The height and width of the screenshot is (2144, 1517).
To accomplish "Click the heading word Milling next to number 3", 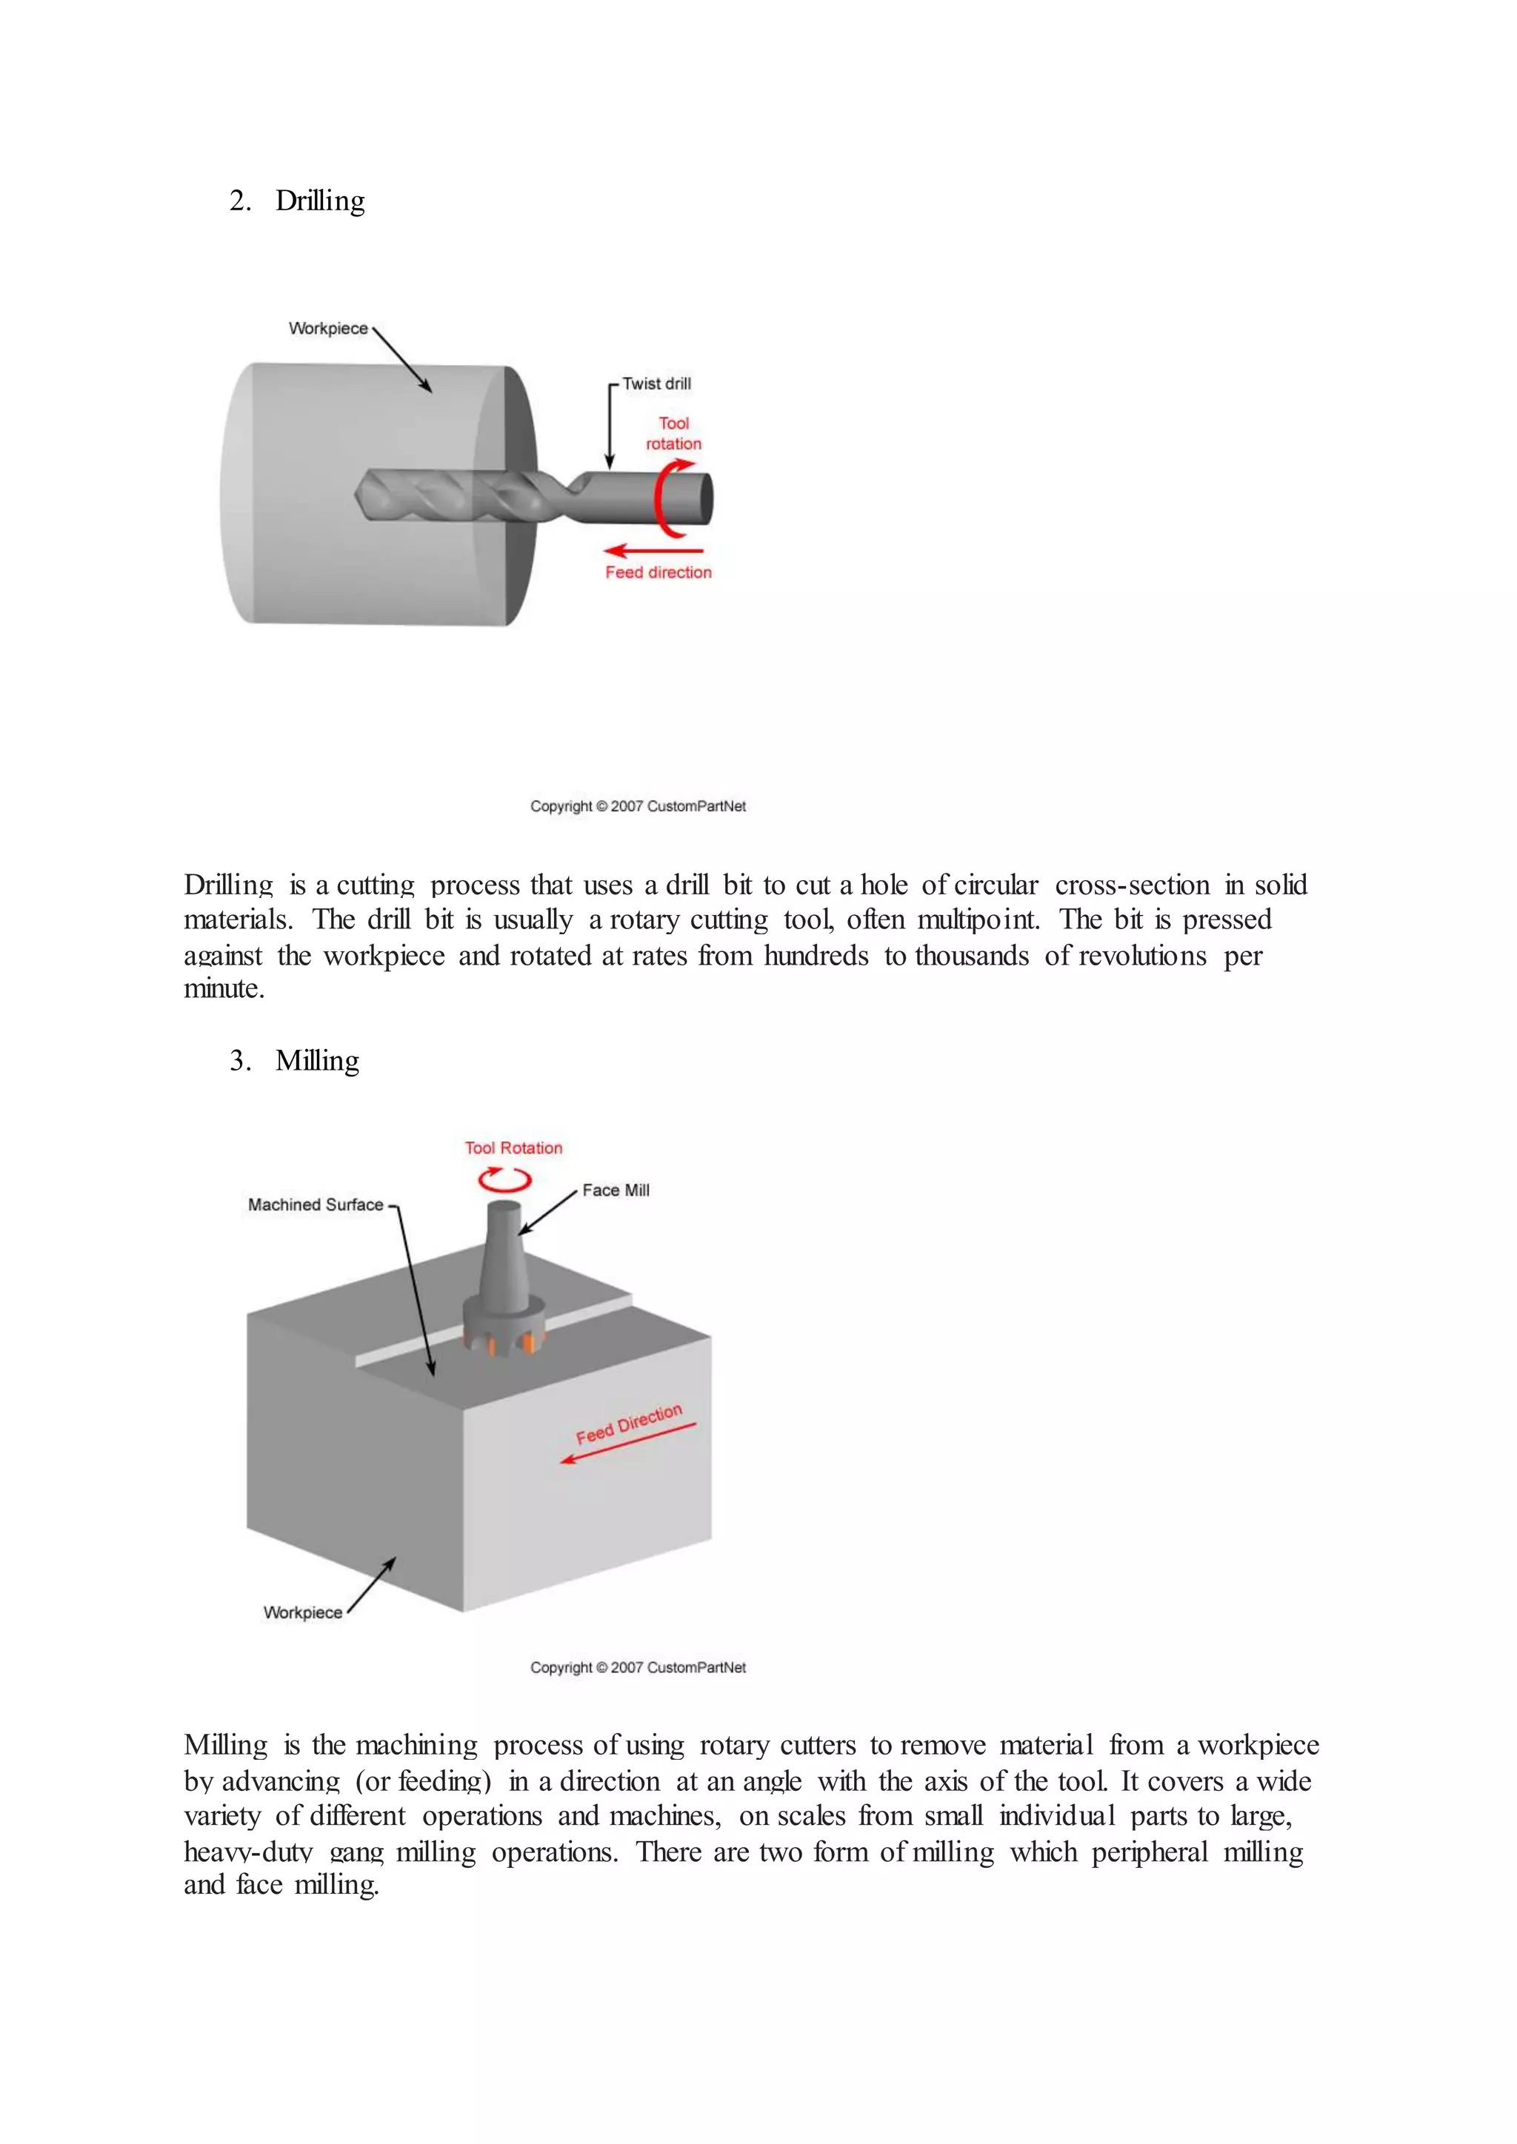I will coord(317,1061).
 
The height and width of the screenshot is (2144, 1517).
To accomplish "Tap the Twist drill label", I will coord(657,383).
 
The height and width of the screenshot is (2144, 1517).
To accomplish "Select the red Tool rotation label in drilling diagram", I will coord(673,433).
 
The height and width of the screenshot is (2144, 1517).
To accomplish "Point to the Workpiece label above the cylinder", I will coord(328,329).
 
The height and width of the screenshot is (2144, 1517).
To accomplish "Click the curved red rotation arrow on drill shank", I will coord(666,500).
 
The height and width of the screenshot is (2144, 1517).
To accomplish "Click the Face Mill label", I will coord(616,1190).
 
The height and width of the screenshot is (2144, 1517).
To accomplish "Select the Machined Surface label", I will coord(316,1205).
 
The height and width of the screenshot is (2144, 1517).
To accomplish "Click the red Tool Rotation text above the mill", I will coord(514,1148).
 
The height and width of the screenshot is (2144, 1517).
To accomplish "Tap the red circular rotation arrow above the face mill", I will coord(505,1180).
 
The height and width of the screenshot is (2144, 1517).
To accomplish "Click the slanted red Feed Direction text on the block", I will coord(629,1424).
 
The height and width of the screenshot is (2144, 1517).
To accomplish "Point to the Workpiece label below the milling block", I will coord(303,1612).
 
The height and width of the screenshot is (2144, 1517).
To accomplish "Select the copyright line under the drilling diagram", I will coord(638,807).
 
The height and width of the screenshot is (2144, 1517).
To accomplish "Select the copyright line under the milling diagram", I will coord(638,1668).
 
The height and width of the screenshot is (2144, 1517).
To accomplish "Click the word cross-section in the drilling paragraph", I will coord(1132,885).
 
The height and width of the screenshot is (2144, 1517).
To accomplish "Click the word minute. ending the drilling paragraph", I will coord(224,989).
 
